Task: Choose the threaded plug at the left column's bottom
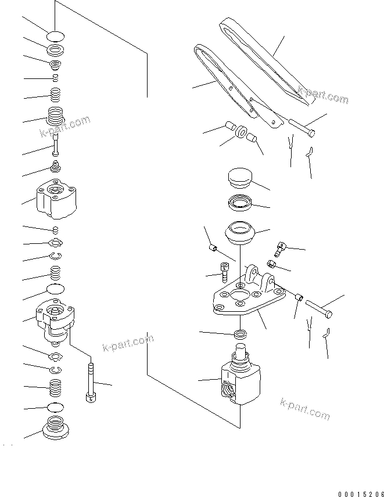pos(56,429)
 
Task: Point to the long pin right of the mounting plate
pos(317,307)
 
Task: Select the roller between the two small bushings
pos(241,134)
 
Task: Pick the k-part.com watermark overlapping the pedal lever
pos(323,96)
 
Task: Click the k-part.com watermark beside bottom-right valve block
pos(304,409)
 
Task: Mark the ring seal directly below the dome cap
pos(238,203)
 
